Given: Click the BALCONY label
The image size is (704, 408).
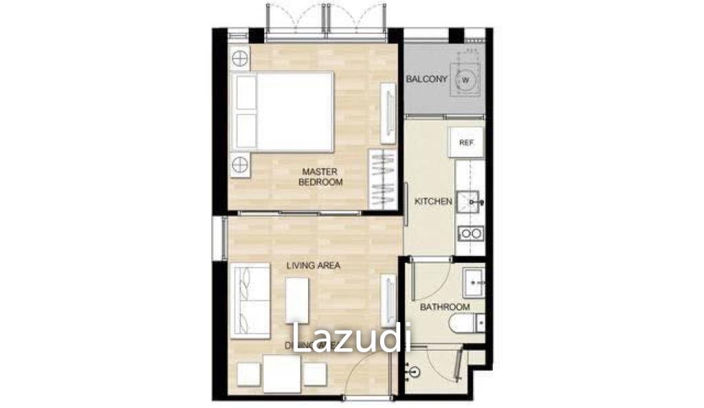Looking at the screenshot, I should [426, 79].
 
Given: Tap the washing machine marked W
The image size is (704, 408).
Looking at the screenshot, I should [466, 80].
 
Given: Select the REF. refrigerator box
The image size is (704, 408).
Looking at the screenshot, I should [466, 142].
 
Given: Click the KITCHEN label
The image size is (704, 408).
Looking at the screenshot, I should [433, 202].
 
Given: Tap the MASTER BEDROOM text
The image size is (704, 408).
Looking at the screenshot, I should [320, 176].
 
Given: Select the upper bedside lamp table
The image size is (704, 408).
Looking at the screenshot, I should [240, 60].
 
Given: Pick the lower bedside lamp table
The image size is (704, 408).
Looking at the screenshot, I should [240, 165].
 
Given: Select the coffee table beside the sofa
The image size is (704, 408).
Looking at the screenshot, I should [296, 300].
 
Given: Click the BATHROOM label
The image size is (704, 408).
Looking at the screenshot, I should [445, 307].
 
